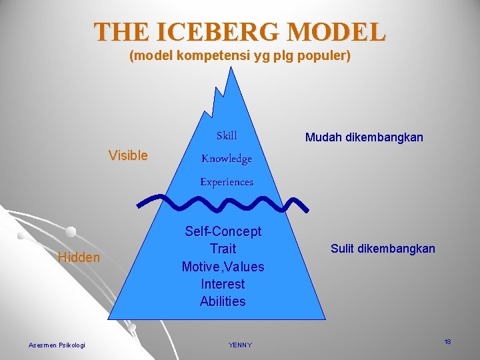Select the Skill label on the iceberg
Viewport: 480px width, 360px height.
pyautogui.click(x=226, y=136)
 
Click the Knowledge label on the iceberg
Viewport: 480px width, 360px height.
pyautogui.click(x=227, y=159)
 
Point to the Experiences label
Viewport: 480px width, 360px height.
pyautogui.click(x=227, y=181)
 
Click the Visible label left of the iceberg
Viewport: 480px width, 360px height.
pyautogui.click(x=128, y=155)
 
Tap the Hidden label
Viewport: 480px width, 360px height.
pyautogui.click(x=79, y=257)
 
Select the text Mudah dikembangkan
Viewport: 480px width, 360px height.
pyautogui.click(x=364, y=138)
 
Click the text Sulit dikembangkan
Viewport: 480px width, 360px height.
pyautogui.click(x=383, y=249)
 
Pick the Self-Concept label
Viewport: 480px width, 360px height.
pyautogui.click(x=223, y=231)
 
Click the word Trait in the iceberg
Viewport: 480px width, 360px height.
pyautogui.click(x=223, y=249)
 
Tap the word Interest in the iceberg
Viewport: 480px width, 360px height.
pyautogui.click(x=223, y=284)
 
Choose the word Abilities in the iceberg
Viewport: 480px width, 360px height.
pyautogui.click(x=223, y=301)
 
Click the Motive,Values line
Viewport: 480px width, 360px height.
pyautogui.click(x=223, y=267)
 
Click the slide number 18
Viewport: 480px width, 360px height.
pyautogui.click(x=447, y=342)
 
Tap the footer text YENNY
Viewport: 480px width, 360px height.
pyautogui.click(x=239, y=345)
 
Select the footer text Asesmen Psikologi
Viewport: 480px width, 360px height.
pyautogui.click(x=57, y=345)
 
